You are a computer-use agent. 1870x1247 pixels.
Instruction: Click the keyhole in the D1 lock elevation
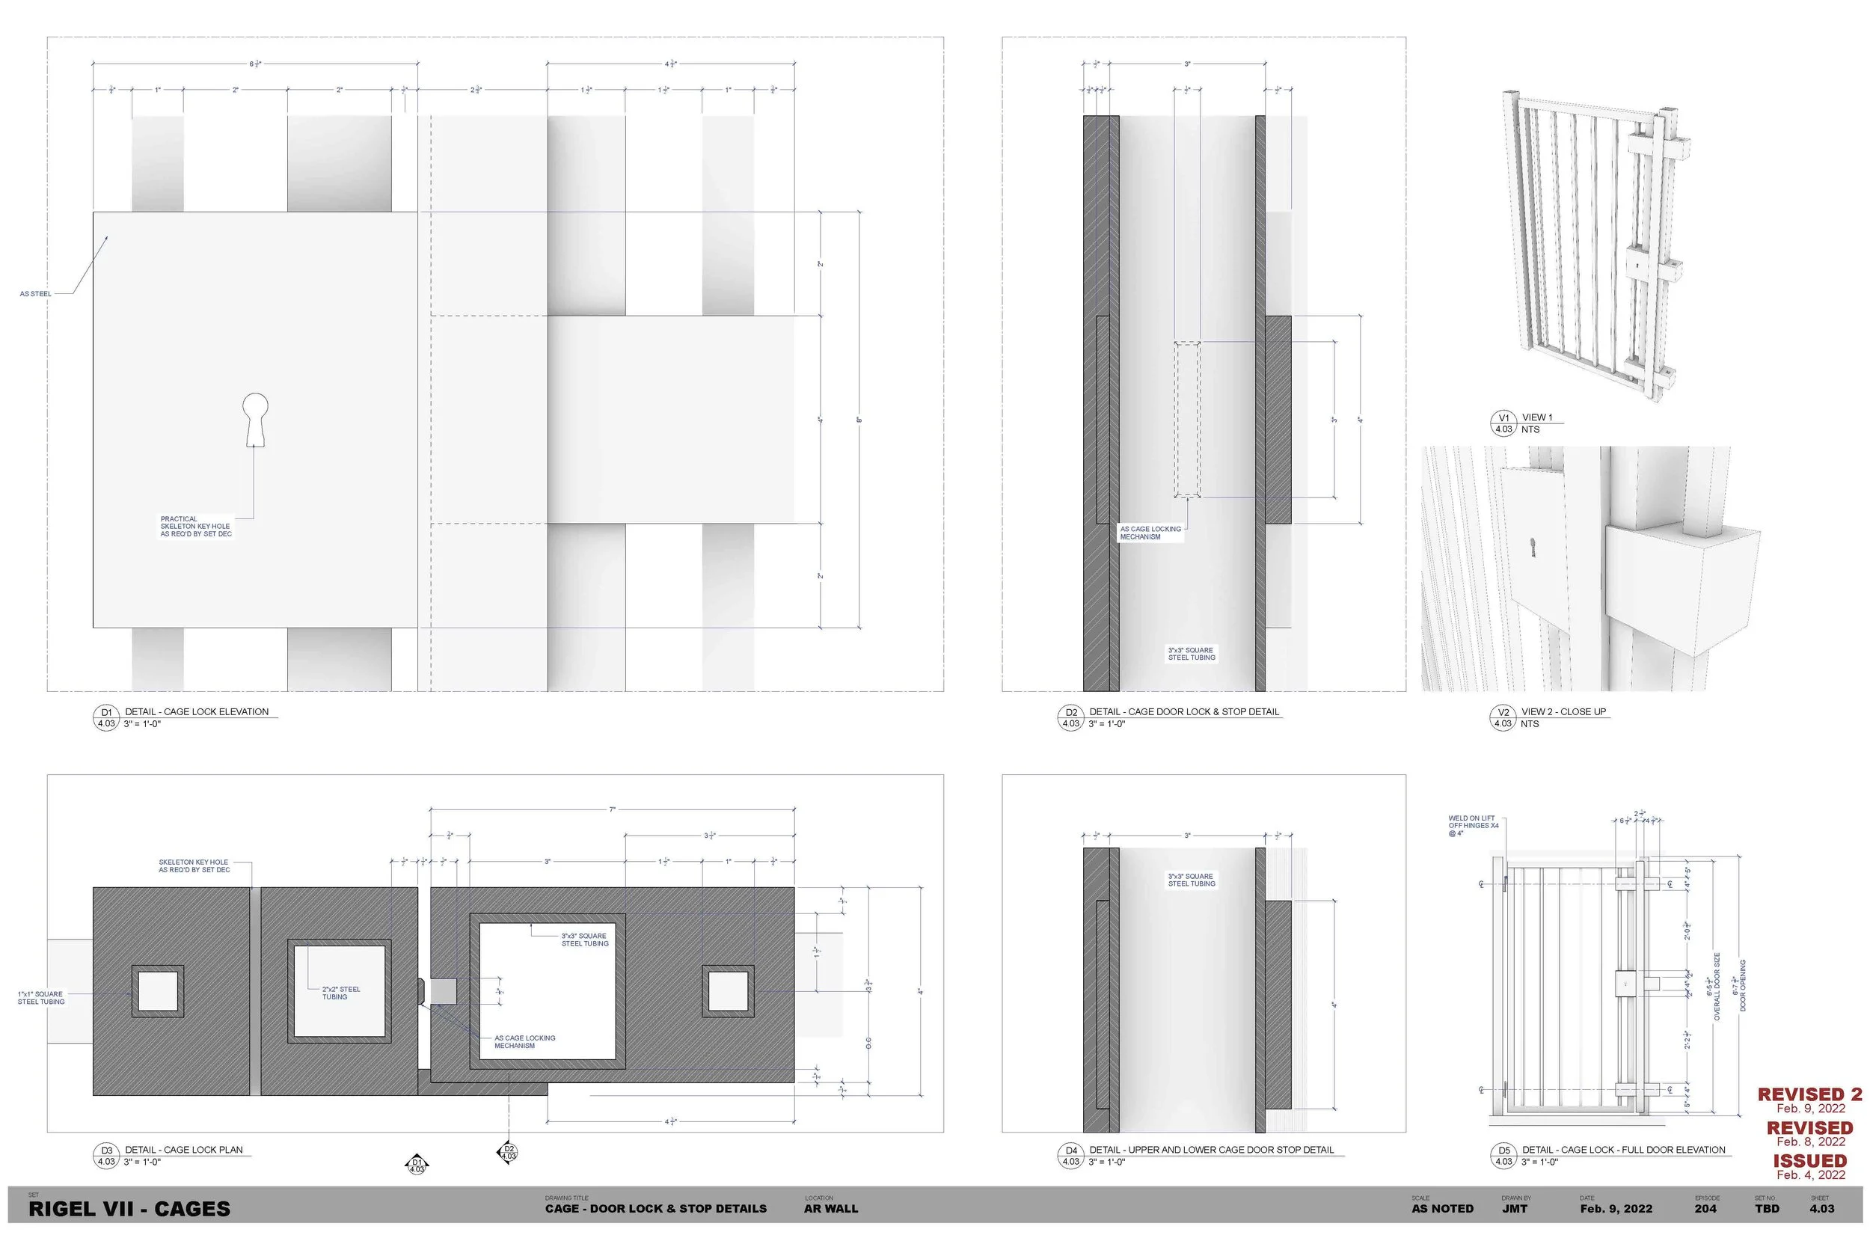pos(255,418)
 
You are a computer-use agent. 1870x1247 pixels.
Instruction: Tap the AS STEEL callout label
pos(36,294)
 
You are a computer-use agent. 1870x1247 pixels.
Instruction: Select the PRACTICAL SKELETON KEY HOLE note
pos(195,527)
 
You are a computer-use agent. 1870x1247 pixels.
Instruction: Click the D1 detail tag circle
pos(106,717)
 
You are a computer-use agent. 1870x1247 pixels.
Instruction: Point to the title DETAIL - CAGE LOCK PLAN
pos(184,1150)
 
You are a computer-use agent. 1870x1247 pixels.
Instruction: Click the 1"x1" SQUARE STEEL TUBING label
pos(41,998)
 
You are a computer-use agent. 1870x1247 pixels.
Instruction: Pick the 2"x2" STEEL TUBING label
pos(340,993)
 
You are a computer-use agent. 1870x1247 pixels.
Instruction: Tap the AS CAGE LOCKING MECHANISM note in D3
pos(525,1042)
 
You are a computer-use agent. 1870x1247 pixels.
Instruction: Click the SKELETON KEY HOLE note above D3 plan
pos(194,866)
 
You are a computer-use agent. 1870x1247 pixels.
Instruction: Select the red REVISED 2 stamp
pos(1809,1095)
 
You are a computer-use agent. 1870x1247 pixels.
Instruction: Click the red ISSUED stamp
pos(1809,1161)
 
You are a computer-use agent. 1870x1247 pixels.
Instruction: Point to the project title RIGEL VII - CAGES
pos(129,1209)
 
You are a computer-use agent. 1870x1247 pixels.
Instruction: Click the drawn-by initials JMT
pos(1515,1209)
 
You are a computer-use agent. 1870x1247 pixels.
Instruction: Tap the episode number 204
pos(1705,1209)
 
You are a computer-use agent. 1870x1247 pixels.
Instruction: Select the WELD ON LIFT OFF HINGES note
pos(1474,826)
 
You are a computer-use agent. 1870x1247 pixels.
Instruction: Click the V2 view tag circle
pos(1503,717)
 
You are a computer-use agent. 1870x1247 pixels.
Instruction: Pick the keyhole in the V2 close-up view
pos(1533,546)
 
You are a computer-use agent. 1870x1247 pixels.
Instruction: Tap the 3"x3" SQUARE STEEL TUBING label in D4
pos(1191,880)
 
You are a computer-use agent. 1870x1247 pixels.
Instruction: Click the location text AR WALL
pos(831,1209)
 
